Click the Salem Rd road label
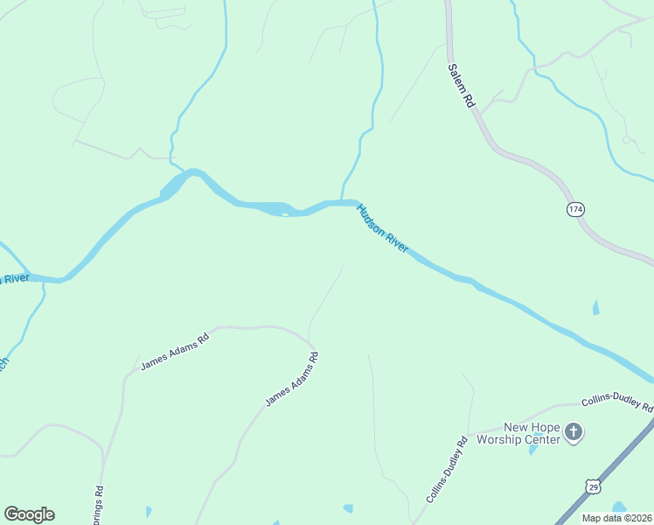coord(461,85)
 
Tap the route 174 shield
coord(574,209)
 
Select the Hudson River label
coord(382,228)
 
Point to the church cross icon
coord(574,431)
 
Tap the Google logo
coord(30,514)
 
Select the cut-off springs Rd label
coord(98,507)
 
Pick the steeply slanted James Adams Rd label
coord(292,379)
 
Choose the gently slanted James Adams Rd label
coord(175,351)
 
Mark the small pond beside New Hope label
coord(533,450)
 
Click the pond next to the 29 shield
coord(619,507)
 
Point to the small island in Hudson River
coord(285,213)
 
